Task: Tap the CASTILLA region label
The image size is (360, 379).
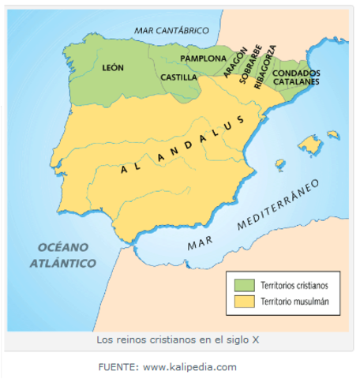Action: tap(178, 77)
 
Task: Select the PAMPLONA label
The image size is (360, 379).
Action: tap(204, 58)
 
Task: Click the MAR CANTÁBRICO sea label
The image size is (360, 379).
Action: tap(171, 31)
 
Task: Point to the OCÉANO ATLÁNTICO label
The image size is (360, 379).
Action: tap(62, 254)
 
